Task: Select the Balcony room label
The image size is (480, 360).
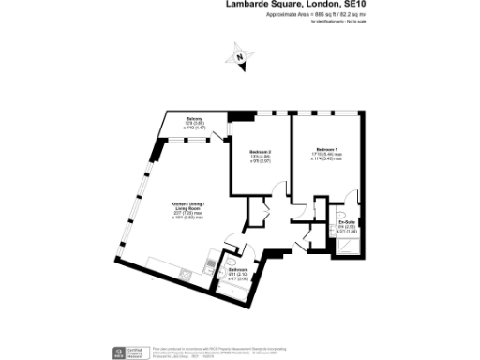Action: coord(194,118)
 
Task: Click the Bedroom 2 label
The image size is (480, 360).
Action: coord(261,152)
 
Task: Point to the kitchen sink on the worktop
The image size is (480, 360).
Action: coord(185,274)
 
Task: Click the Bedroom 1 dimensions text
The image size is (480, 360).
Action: coord(325,158)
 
